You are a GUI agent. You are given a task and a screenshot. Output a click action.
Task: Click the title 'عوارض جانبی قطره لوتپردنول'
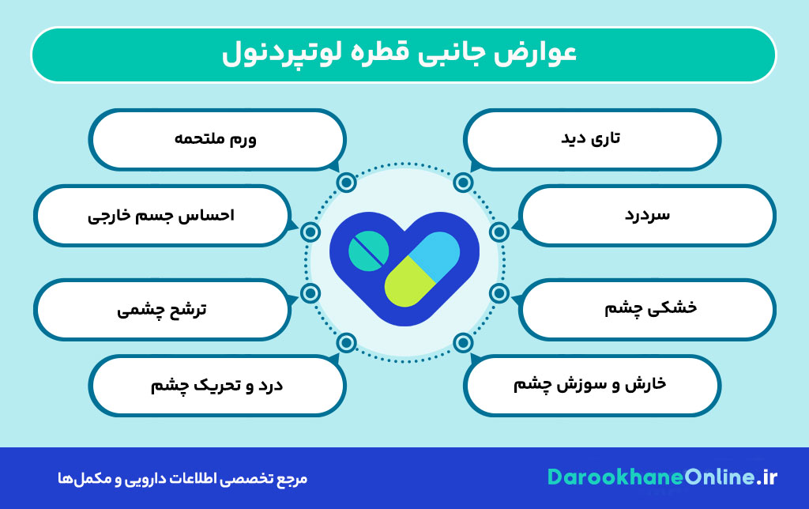coord(404,55)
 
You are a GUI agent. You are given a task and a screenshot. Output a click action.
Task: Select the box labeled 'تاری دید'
coord(593,139)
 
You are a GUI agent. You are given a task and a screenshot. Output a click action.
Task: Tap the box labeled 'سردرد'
coord(648,215)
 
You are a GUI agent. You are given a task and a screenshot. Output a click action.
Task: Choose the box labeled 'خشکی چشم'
coord(648,308)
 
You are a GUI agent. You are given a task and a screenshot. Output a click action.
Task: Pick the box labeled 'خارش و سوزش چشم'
coord(593,385)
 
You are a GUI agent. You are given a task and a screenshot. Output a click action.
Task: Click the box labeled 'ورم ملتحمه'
coord(217,139)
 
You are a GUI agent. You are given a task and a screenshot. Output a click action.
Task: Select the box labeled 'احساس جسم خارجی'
coord(162,215)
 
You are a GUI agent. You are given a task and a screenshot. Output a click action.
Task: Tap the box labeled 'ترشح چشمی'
coord(162,308)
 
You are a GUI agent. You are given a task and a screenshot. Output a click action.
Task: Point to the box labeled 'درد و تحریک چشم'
coord(217,385)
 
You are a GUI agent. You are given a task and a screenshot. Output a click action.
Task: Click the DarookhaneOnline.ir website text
coord(662,477)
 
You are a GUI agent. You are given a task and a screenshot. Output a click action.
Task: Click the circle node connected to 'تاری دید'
coord(463,183)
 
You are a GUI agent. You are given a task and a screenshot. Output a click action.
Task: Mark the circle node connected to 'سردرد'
coord(499,232)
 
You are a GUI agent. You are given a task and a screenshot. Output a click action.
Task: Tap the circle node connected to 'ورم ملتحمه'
coord(346,183)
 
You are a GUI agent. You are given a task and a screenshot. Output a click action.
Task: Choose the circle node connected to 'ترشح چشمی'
coord(310,293)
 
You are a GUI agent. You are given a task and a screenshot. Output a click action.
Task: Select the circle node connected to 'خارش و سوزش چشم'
coord(463,343)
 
